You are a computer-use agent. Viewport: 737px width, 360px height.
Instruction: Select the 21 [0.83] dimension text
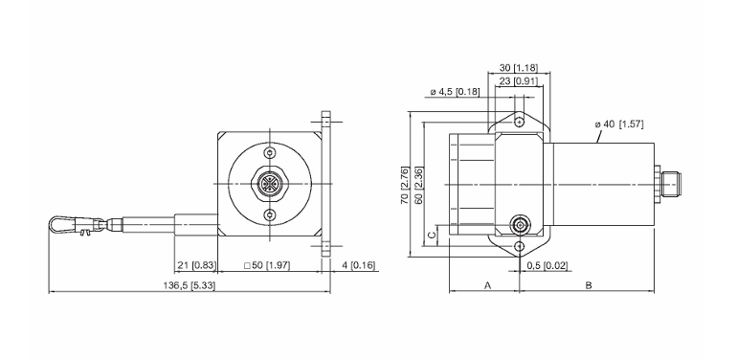tap(195, 265)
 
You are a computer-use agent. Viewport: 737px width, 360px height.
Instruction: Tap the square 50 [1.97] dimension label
tap(267, 265)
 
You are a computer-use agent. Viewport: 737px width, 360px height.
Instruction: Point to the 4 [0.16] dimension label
tap(359, 265)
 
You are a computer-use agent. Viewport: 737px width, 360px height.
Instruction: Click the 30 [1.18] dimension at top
tap(518, 68)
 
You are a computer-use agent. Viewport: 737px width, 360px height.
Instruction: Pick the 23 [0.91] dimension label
tap(518, 80)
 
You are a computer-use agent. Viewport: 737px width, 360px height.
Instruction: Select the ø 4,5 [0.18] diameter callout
tap(455, 92)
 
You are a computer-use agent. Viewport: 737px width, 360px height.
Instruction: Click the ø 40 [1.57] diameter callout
tap(619, 124)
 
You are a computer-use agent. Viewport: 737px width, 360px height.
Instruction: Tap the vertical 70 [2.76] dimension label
tap(404, 185)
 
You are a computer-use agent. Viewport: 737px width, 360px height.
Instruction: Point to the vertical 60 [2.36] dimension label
tap(419, 185)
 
